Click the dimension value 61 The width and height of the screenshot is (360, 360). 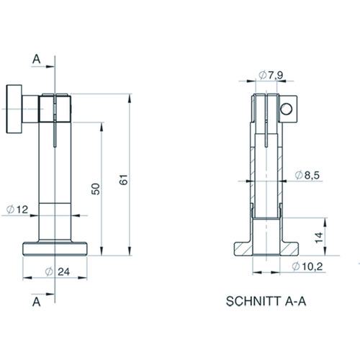click(x=124, y=180)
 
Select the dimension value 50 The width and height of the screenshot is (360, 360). click(x=96, y=189)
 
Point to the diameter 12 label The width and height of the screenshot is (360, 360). click(x=17, y=210)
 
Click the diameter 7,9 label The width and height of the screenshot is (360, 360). click(x=271, y=75)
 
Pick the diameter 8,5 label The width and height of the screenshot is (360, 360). click(x=307, y=175)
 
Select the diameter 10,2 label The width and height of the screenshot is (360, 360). click(x=307, y=266)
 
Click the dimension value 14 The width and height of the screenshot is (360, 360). click(x=319, y=238)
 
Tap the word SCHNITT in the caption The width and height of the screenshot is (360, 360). click(x=253, y=301)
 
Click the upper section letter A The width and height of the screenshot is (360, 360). click(x=36, y=59)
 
